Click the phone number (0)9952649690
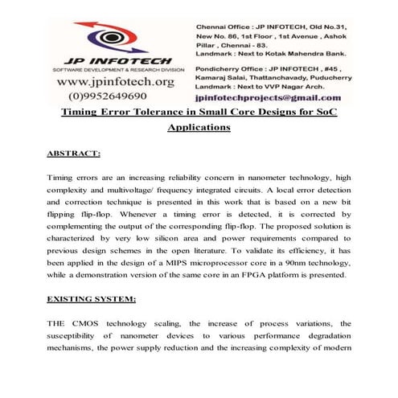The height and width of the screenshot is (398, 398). [105, 96]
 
